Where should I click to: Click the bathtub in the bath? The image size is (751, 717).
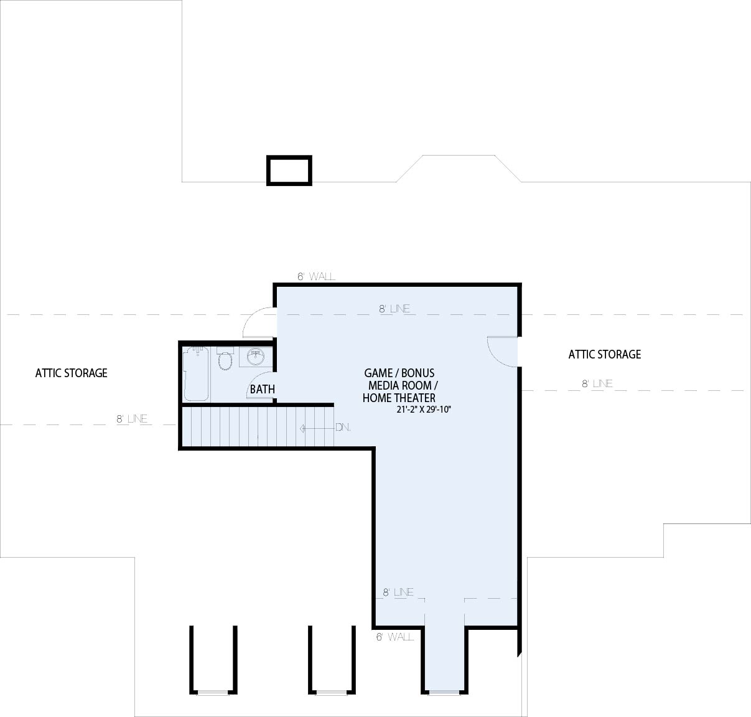point(197,374)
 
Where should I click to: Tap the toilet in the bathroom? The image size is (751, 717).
point(225,359)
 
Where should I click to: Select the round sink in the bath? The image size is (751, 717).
point(256,357)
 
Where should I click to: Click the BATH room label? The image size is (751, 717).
point(263,390)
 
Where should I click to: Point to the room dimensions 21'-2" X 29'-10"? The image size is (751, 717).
point(424,410)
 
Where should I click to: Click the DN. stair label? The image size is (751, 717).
point(343,428)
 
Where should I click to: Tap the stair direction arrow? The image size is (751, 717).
point(317,428)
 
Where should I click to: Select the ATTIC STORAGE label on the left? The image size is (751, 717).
point(72,373)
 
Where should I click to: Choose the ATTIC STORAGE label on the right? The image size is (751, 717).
point(605,354)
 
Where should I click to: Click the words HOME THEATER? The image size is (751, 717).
point(399,398)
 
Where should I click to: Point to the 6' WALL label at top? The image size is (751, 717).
point(316,276)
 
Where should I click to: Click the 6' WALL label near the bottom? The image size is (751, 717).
point(395,637)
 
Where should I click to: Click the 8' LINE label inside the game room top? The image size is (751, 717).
point(394,309)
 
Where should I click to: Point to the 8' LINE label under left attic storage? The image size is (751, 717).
point(132,419)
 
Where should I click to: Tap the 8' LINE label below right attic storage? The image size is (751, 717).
point(597,384)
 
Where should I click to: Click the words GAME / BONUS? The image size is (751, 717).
point(399,373)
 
